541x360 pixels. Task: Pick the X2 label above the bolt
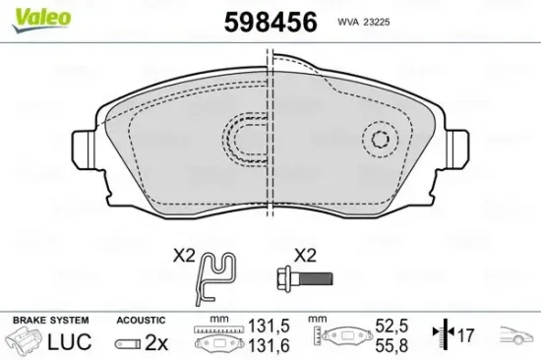pyautogui.click(x=305, y=256)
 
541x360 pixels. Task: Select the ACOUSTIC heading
pyautogui.click(x=140, y=321)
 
